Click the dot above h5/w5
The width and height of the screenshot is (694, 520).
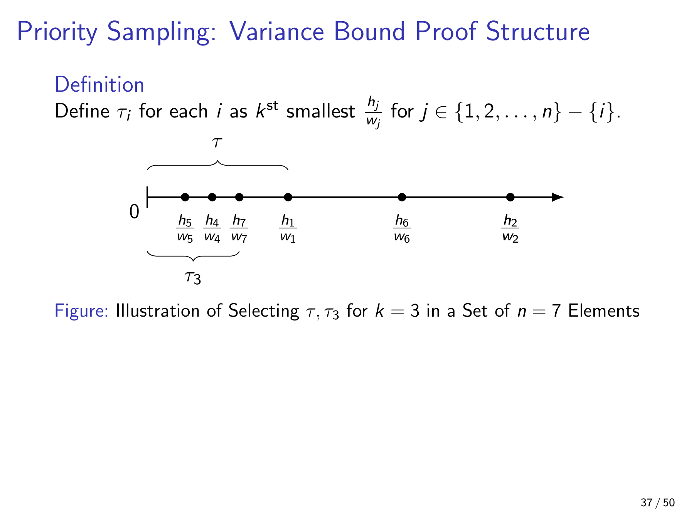tap(185, 197)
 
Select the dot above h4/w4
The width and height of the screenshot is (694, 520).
tap(212, 197)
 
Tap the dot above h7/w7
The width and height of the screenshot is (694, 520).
tap(239, 197)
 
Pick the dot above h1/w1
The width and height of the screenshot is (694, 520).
tap(288, 197)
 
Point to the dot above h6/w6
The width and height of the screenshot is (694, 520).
tap(402, 197)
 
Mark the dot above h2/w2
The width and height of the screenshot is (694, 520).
tap(510, 197)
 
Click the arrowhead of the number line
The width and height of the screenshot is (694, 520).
tap(558, 197)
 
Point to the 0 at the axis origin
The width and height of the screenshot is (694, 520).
tap(134, 211)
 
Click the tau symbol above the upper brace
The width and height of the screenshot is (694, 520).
tap(217, 143)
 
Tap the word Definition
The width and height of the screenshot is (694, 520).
tap(99, 85)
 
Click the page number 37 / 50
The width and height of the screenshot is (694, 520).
tap(658, 503)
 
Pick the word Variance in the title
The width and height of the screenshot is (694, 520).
tap(277, 31)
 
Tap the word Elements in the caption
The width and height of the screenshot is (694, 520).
tap(604, 311)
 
